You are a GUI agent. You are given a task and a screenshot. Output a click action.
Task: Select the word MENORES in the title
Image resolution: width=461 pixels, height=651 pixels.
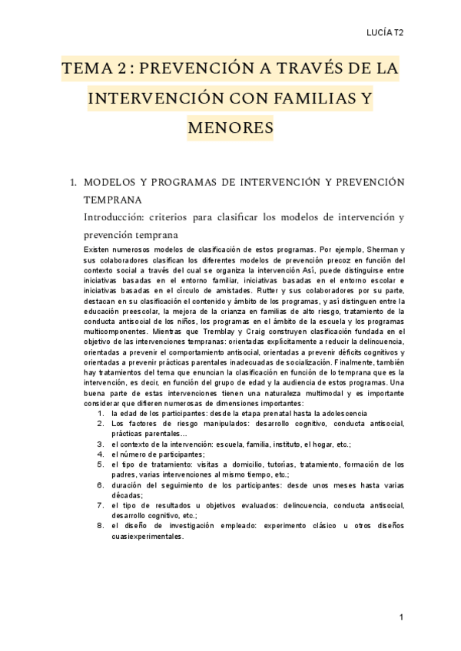tap(230, 126)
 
